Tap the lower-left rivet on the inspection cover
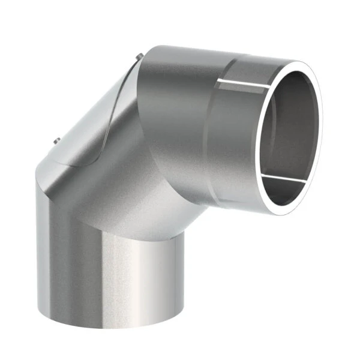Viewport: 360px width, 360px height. [x=56, y=141]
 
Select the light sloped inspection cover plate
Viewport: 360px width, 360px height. [x=96, y=114]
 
